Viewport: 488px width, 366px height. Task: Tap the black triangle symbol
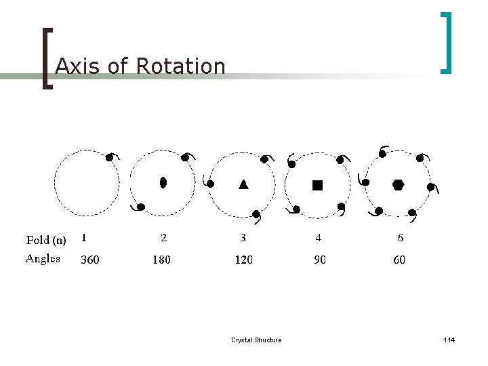[x=243, y=184]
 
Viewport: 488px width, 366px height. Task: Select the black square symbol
[x=317, y=184]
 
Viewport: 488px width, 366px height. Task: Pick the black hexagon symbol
[x=398, y=184]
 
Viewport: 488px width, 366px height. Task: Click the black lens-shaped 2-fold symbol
[x=163, y=182]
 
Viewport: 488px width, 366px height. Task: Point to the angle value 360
[x=89, y=260]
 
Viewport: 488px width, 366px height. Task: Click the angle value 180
[x=161, y=260]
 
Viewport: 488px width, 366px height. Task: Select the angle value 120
[x=243, y=260]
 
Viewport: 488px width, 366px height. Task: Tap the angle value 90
[x=319, y=260]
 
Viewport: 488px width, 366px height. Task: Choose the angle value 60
[x=399, y=260]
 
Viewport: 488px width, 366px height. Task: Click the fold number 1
[x=83, y=238]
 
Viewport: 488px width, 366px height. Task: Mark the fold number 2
[x=163, y=238]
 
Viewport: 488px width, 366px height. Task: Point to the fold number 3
[x=243, y=238]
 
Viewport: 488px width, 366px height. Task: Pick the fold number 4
[x=319, y=238]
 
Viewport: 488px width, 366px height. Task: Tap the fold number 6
[x=401, y=238]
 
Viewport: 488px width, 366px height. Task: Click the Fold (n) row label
[x=46, y=239]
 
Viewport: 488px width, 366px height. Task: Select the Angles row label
[x=43, y=259]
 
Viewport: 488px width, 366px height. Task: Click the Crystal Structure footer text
[x=256, y=340]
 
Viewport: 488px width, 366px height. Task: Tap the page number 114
[x=449, y=340]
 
